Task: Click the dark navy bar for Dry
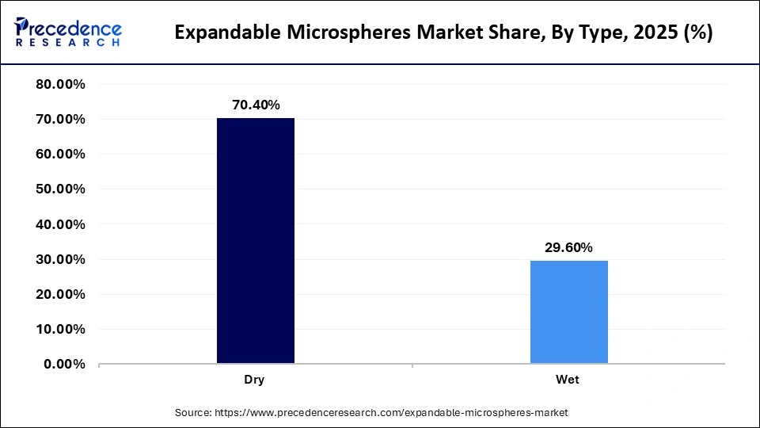point(255,241)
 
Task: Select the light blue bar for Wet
point(568,312)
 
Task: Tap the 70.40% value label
point(255,105)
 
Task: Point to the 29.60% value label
point(568,247)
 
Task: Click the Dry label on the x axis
point(255,380)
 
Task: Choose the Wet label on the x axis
point(568,380)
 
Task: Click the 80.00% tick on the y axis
point(61,85)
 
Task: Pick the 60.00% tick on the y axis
point(61,155)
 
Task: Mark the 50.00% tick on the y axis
point(61,189)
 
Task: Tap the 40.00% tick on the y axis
point(61,224)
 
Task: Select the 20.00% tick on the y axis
point(61,294)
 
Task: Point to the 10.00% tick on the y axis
point(61,329)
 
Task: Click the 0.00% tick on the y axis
point(64,364)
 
